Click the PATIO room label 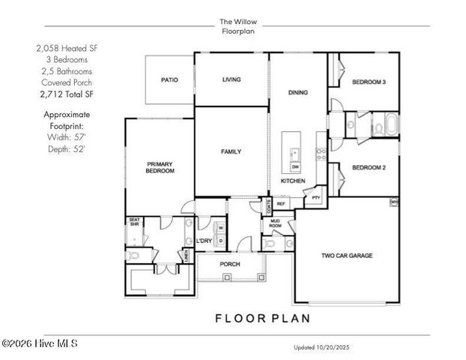(x=169, y=79)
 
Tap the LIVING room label (x=231, y=79)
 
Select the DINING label (x=298, y=92)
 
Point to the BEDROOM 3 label (x=369, y=82)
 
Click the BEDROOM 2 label (x=369, y=168)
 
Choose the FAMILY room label (x=231, y=151)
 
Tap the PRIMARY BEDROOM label (x=160, y=167)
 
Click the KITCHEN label (x=293, y=181)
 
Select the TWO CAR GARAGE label (x=347, y=255)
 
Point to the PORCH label (x=229, y=265)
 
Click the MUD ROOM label (x=275, y=223)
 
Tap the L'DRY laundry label (x=204, y=240)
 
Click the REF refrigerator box (x=282, y=203)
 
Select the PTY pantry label (x=316, y=199)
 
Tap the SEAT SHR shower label (x=134, y=222)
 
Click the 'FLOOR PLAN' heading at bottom (x=261, y=317)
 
